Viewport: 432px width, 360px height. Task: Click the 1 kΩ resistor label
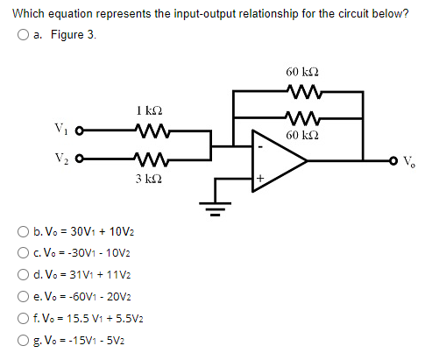(x=147, y=112)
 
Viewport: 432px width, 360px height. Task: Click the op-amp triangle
(x=276, y=160)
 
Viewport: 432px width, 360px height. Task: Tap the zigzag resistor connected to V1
(x=147, y=133)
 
